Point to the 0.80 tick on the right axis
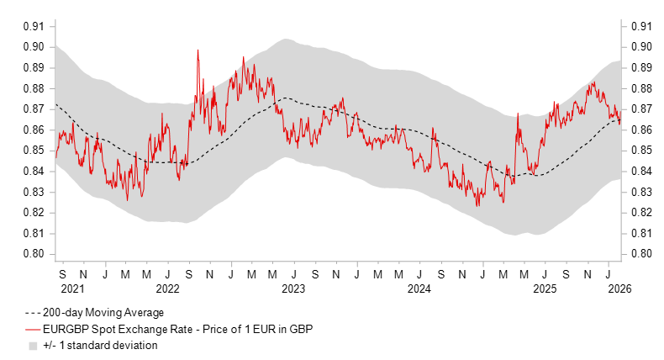(x=640, y=254)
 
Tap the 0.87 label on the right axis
(x=640, y=109)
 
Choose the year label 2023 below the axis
(x=293, y=289)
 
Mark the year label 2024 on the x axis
(x=419, y=289)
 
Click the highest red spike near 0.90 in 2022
(x=198, y=50)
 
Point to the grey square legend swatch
(x=33, y=345)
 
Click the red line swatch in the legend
(x=33, y=329)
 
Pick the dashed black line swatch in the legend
(x=33, y=313)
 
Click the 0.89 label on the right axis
(x=640, y=67)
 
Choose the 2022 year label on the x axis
(x=167, y=289)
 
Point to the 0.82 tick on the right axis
(x=640, y=213)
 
